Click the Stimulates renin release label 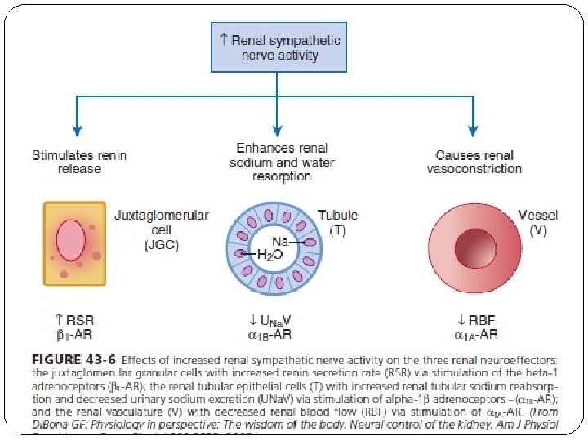66,162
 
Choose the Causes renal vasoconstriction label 474,162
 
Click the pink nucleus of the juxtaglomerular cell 70,243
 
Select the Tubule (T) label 337,222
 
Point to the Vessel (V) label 538,222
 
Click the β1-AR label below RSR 73,334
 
